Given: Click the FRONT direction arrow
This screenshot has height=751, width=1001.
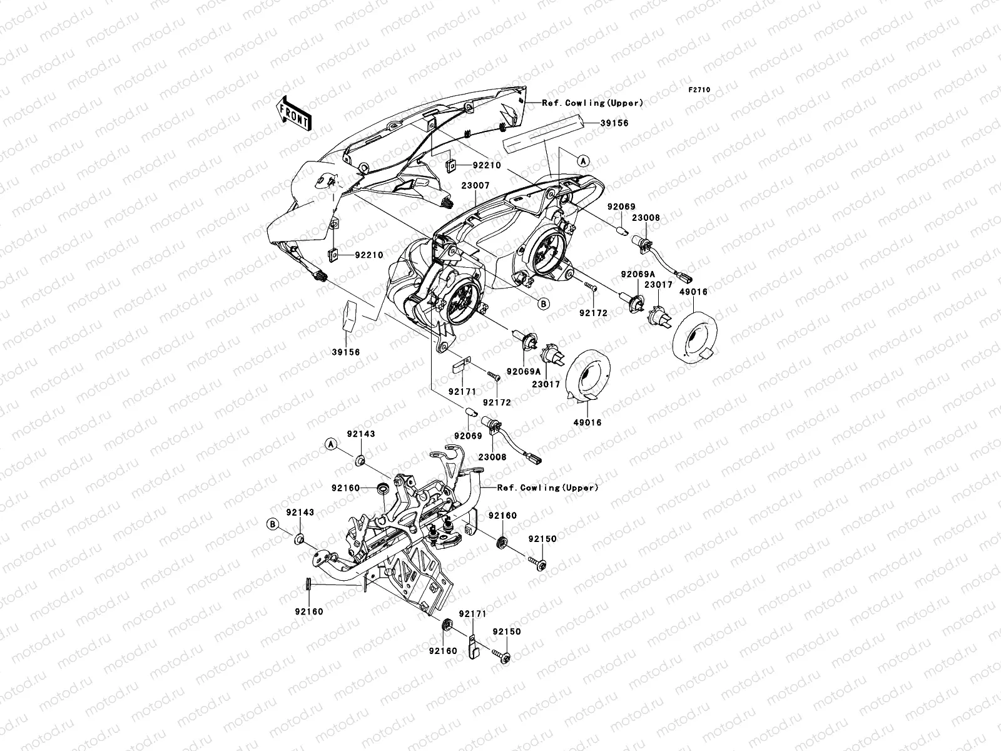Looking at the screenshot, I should (x=295, y=113).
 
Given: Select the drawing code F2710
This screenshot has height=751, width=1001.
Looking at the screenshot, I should (x=699, y=90).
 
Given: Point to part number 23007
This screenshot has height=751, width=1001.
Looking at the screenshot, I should (x=476, y=186).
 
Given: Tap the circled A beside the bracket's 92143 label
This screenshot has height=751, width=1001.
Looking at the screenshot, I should (x=331, y=443).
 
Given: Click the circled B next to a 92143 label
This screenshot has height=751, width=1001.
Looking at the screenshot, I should (x=273, y=523).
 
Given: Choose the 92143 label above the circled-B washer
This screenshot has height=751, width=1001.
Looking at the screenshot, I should (x=300, y=513).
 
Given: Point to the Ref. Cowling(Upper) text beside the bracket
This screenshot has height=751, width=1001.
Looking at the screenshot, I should (x=548, y=488).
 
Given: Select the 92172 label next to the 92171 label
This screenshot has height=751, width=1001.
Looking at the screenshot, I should (x=497, y=403).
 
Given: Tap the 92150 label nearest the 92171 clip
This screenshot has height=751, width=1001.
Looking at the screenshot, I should (x=506, y=632).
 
